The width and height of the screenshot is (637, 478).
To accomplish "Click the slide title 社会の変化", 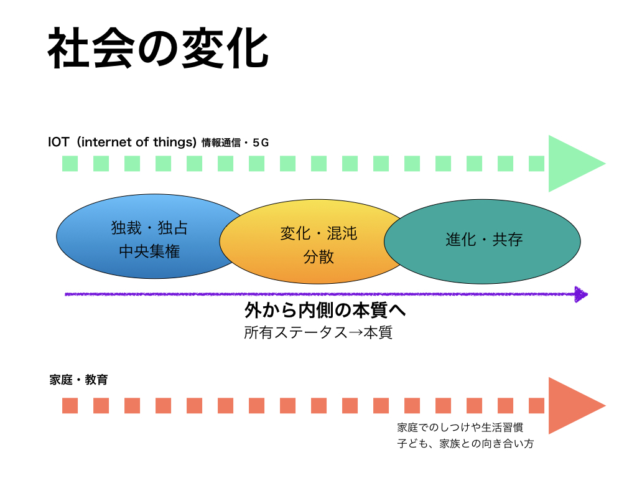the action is (x=158, y=49).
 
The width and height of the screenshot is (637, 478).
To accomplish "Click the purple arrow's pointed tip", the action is (x=588, y=294).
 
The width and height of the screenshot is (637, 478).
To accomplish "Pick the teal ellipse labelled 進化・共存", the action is (x=482, y=241).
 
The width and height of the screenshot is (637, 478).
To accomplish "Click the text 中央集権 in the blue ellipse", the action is (x=149, y=251).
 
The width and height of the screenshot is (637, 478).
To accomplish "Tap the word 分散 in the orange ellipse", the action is (x=318, y=257).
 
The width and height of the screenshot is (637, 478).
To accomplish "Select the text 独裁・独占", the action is (x=149, y=228).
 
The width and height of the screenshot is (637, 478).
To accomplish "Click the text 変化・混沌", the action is (x=318, y=233).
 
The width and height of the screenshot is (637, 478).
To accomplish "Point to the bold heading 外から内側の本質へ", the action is (x=325, y=311).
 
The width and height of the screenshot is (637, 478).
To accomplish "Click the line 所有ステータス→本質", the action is (x=318, y=332).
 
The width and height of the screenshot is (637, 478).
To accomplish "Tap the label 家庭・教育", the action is (x=78, y=380).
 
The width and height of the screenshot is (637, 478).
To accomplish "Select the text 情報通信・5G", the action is (x=235, y=143).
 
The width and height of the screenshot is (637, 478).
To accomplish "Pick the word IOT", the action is (x=59, y=142).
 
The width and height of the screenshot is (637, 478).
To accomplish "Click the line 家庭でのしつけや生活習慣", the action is (x=460, y=427).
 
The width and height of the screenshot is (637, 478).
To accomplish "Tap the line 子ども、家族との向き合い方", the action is (x=465, y=443).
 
